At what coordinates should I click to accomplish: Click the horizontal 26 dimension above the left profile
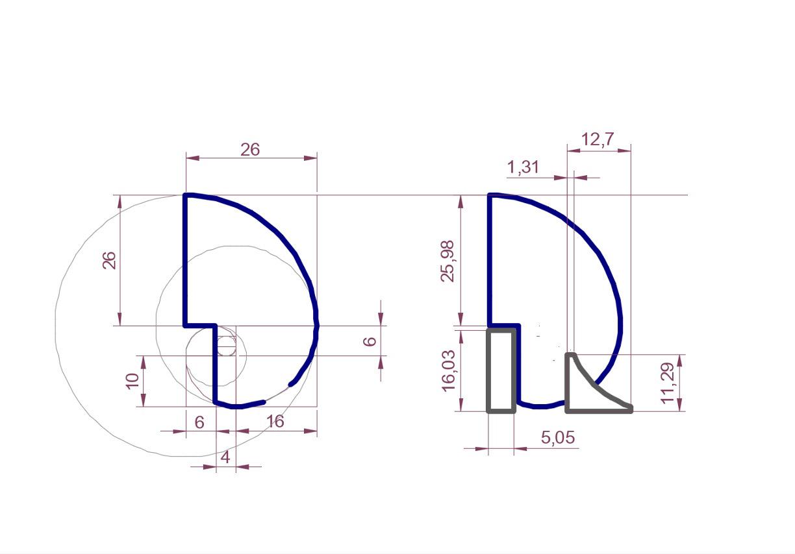click(250, 150)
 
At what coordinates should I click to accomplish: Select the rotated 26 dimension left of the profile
click(109, 260)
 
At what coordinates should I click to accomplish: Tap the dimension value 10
click(132, 381)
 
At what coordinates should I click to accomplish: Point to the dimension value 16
click(275, 422)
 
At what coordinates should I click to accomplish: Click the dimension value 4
click(225, 457)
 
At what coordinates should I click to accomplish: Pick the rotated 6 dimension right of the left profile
click(370, 341)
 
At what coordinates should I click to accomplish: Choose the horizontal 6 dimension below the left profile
click(199, 422)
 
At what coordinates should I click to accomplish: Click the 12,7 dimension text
click(598, 139)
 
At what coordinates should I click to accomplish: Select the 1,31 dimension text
click(523, 167)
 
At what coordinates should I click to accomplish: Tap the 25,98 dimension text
click(447, 261)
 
